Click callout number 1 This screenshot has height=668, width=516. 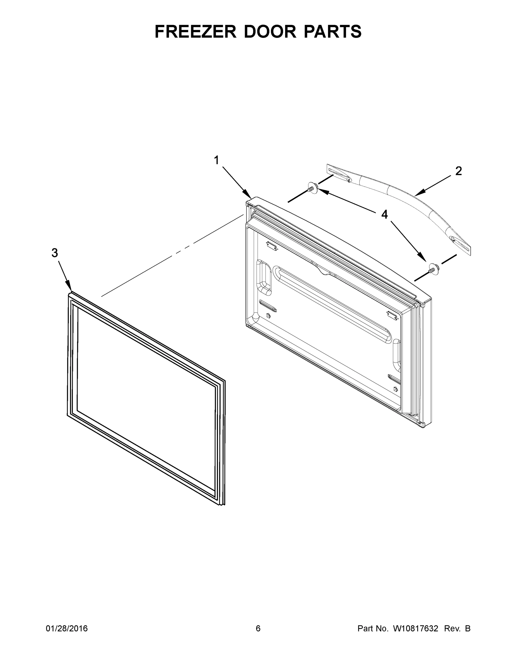pos(216,160)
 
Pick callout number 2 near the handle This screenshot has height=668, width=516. pos(458,171)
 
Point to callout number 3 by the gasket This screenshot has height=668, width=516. pos(55,253)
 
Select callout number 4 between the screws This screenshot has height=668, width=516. pos(384,214)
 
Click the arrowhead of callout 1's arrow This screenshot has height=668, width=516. pos(249,196)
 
